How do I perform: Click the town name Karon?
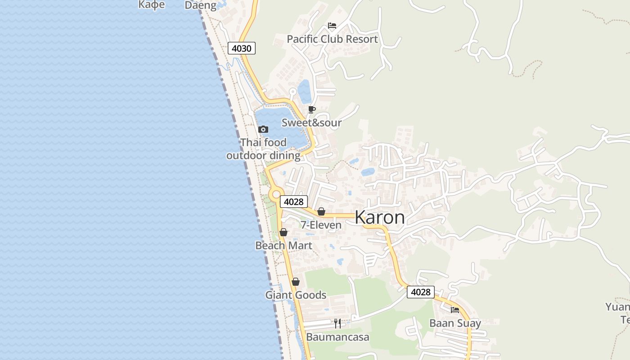pyautogui.click(x=380, y=217)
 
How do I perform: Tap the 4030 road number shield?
pyautogui.click(x=242, y=48)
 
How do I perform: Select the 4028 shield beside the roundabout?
pyautogui.click(x=294, y=202)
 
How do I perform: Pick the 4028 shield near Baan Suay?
pyautogui.click(x=421, y=292)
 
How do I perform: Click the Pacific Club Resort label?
pyautogui.click(x=332, y=39)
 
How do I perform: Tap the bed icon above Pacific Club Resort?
pyautogui.click(x=332, y=25)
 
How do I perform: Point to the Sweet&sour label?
pyautogui.click(x=311, y=122)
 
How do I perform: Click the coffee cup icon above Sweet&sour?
pyautogui.click(x=311, y=109)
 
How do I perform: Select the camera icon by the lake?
pyautogui.click(x=263, y=130)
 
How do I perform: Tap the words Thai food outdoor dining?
pyautogui.click(x=263, y=149)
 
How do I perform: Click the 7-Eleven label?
pyautogui.click(x=321, y=225)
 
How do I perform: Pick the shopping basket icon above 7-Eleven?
pyautogui.click(x=321, y=211)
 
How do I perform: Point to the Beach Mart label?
pyautogui.click(x=283, y=246)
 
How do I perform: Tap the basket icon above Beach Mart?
pyautogui.click(x=283, y=232)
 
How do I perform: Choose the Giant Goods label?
pyautogui.click(x=296, y=295)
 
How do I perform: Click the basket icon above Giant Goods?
pyautogui.click(x=296, y=282)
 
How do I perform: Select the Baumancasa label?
pyautogui.click(x=337, y=337)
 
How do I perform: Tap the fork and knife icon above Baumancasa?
pyautogui.click(x=337, y=323)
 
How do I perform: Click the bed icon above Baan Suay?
pyautogui.click(x=455, y=310)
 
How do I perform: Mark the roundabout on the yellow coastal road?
pyautogui.click(x=276, y=194)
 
